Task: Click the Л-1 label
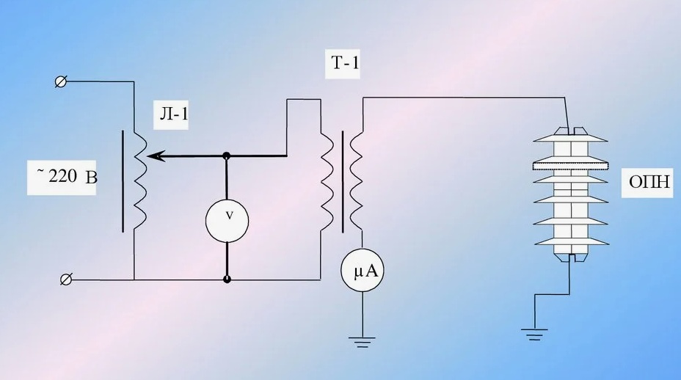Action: [173, 114]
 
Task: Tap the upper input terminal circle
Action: [61, 81]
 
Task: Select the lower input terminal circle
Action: [66, 279]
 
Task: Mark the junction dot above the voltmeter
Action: [226, 156]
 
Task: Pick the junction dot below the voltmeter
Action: [227, 279]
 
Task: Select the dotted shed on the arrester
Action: [569, 166]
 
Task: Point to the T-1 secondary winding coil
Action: [356, 181]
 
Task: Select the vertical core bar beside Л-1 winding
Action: [123, 180]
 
